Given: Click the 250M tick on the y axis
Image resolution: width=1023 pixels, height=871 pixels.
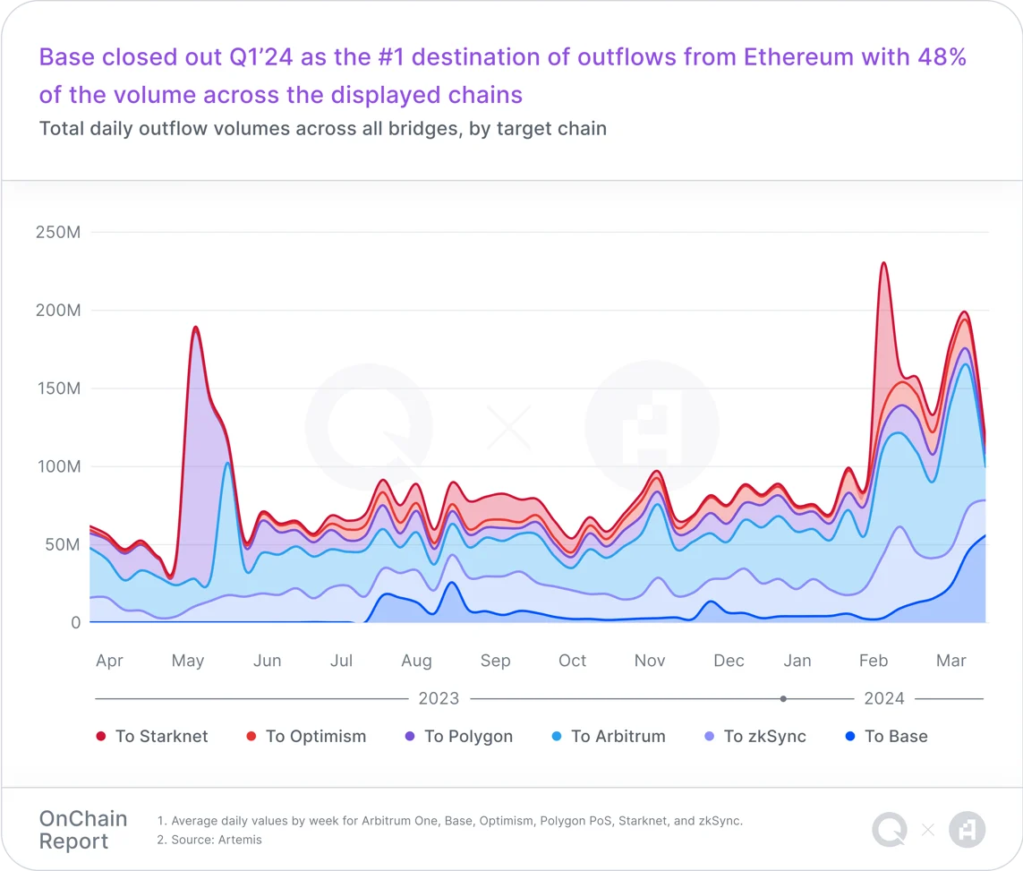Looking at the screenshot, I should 57,233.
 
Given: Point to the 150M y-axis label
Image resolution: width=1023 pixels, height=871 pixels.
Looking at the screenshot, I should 57,389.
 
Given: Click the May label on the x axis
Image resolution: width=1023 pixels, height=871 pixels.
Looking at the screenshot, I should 188,661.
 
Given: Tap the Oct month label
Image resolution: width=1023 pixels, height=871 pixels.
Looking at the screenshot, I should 572,661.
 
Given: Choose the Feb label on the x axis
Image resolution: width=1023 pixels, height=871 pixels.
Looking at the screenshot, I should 873,661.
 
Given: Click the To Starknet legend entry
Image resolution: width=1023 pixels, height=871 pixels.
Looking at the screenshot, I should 152,737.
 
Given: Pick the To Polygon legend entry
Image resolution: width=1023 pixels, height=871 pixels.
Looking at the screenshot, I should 459,737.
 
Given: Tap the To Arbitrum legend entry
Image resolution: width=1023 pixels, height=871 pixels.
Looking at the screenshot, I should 609,737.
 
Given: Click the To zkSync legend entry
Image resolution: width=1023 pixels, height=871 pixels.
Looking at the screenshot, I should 755,737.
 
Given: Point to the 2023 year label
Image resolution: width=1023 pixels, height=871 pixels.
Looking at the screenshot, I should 439,698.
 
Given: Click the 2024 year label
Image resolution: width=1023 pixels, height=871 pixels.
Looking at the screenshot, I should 884,698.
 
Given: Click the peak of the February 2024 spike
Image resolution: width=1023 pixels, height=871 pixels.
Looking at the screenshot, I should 883,263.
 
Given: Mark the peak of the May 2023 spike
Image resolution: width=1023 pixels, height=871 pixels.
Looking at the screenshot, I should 195,328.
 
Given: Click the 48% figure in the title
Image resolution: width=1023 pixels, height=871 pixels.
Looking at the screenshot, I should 941,58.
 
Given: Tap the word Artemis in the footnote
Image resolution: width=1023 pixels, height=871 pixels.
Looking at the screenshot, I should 240,840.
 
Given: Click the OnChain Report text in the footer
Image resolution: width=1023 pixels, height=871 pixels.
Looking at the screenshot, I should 83,830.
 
